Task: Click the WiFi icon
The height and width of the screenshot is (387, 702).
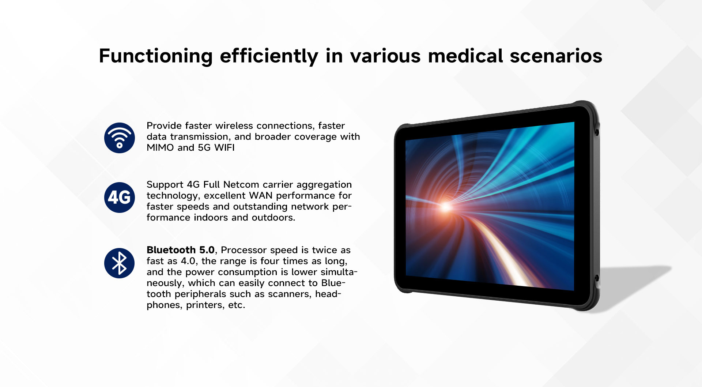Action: [120, 138]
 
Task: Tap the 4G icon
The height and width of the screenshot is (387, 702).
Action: [120, 198]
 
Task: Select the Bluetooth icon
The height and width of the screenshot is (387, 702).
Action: [120, 263]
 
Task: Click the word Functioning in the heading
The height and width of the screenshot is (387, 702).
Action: [156, 56]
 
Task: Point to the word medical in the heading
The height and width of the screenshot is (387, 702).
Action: [465, 56]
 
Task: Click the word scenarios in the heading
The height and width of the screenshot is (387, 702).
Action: [556, 56]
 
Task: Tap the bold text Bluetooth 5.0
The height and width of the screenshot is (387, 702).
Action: [181, 250]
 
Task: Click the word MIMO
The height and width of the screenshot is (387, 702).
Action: [161, 147]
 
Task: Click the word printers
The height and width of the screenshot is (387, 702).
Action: [203, 305]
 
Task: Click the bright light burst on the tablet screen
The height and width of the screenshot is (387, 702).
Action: [446, 207]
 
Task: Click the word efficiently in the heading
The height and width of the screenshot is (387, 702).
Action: [269, 56]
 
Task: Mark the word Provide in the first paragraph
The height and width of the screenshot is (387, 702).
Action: [164, 125]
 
